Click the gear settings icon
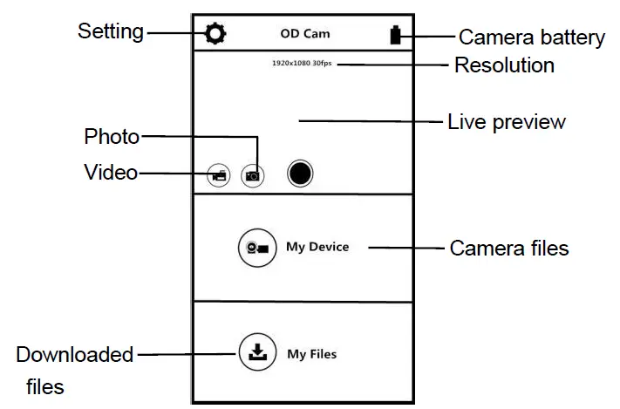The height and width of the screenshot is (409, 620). (215, 34)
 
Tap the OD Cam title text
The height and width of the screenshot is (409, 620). (304, 35)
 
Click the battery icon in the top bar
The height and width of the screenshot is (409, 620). (397, 35)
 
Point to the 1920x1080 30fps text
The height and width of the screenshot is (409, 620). (303, 64)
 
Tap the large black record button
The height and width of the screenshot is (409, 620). (300, 174)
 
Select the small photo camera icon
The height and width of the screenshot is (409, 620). (252, 175)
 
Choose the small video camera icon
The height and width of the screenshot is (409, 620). (218, 175)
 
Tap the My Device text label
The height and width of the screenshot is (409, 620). (317, 247)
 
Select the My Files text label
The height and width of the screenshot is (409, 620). (311, 354)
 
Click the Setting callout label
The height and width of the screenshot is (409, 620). (110, 31)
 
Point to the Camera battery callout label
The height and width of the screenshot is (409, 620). (531, 37)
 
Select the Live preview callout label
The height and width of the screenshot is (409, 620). (506, 121)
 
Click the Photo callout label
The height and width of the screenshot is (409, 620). (111, 136)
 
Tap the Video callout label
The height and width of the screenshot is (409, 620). (111, 172)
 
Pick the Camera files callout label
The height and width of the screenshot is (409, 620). (508, 249)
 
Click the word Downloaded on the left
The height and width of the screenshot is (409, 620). (75, 354)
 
